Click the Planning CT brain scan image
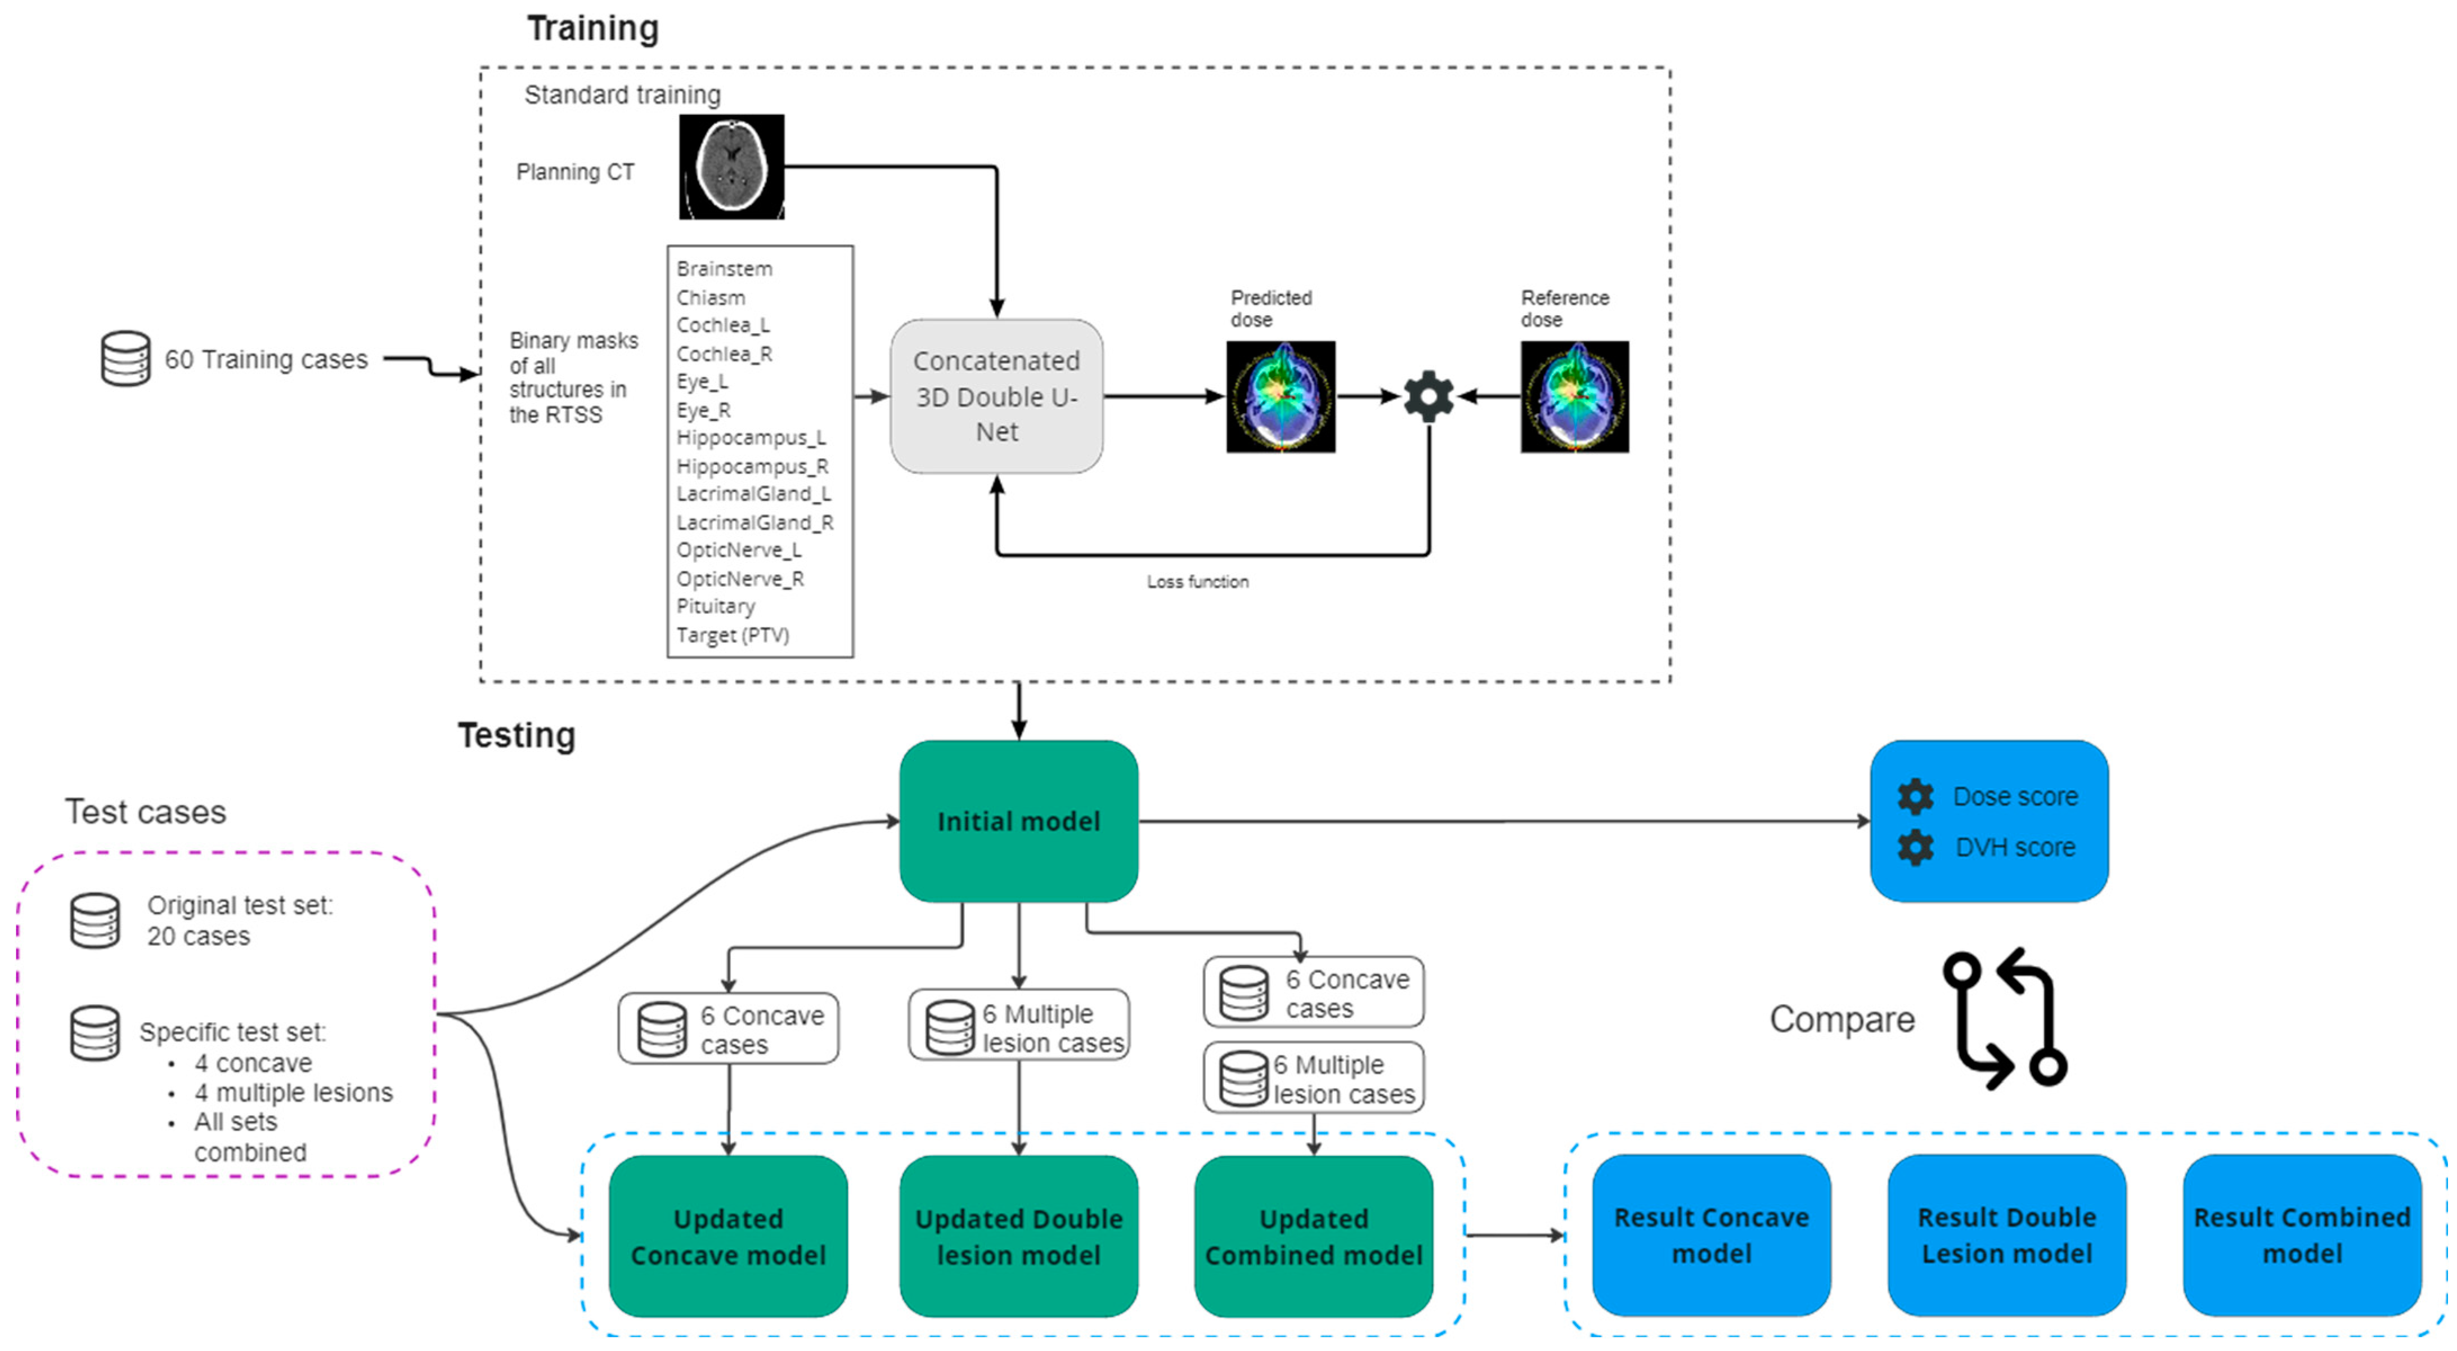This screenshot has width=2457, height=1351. click(x=731, y=167)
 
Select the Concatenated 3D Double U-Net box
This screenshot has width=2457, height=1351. click(x=997, y=396)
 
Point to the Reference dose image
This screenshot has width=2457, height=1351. click(x=1575, y=396)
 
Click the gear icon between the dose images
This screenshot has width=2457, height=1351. click(x=1429, y=396)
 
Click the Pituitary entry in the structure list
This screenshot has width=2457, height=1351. click(x=715, y=607)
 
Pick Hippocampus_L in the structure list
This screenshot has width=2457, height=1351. click(x=751, y=438)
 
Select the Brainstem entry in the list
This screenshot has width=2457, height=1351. click(x=724, y=269)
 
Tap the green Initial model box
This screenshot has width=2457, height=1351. click(x=1019, y=821)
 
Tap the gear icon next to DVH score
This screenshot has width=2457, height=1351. click(x=1915, y=847)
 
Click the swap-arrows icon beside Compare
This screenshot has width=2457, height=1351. click(x=2005, y=1019)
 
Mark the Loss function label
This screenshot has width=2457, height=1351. click(x=1197, y=582)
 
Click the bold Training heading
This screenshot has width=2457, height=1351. click(x=592, y=29)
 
